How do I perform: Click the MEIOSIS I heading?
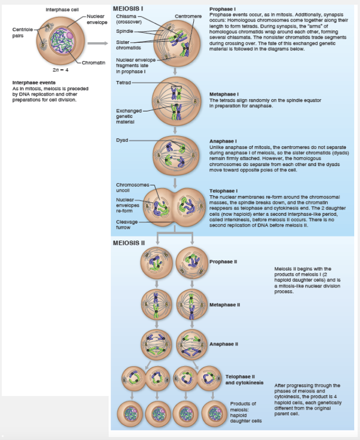point(128,8)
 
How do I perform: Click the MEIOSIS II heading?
point(129,243)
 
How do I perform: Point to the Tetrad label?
point(124,82)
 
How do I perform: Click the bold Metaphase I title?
point(224,94)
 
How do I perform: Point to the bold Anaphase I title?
point(223,141)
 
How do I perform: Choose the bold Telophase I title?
point(223,191)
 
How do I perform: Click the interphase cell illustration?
point(59,41)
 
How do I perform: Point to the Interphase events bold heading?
point(30,83)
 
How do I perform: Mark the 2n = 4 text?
point(59,69)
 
